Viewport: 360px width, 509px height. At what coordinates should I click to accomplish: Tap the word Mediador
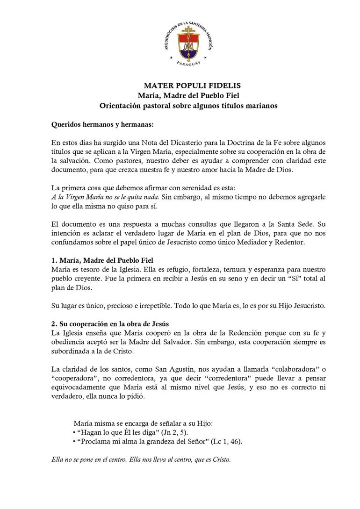coord(247,243)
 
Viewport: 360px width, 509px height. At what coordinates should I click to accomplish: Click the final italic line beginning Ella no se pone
coord(141,459)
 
